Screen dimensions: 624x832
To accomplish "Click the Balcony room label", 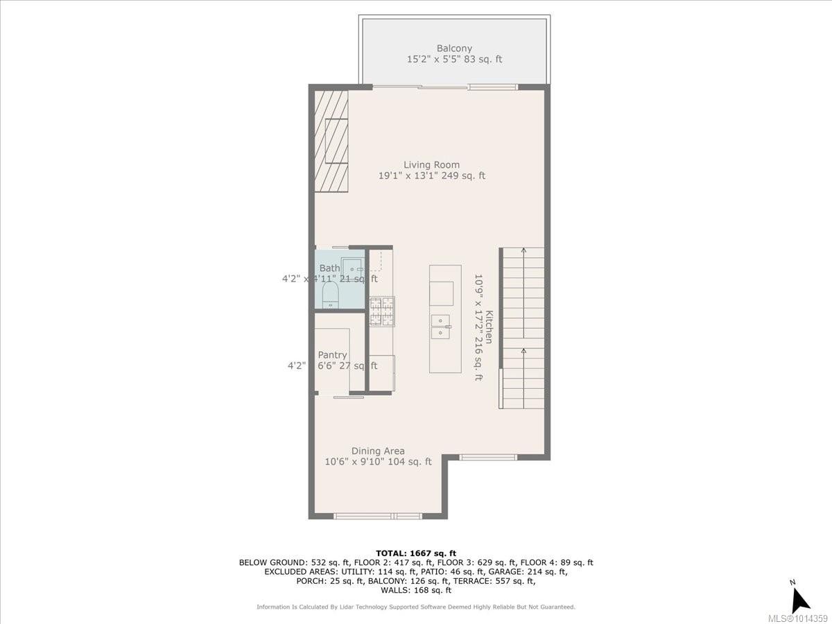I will pos(454,49).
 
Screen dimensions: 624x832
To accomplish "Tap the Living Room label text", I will pos(431,165).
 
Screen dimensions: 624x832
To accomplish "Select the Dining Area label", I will pos(378,451).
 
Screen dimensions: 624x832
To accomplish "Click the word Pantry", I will pos(332,355).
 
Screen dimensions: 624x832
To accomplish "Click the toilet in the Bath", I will pos(329,294).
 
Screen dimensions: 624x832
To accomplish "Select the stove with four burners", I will pos(381,311).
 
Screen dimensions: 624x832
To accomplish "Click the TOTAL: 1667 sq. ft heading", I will pos(416,553).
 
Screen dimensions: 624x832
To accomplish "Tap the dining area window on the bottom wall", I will pos(378,516).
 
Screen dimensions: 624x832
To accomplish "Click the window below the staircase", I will pos(488,457).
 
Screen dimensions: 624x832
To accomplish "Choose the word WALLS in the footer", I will pos(396,590).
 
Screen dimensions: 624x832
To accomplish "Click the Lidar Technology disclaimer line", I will pos(416,607).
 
